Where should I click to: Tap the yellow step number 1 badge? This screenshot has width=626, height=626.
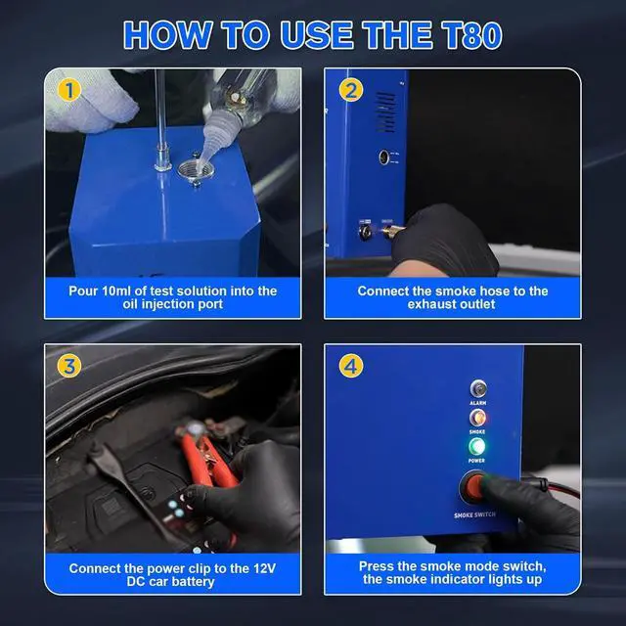click(x=66, y=91)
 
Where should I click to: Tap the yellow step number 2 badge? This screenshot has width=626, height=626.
click(x=351, y=91)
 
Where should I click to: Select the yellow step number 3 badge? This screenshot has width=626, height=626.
click(x=66, y=366)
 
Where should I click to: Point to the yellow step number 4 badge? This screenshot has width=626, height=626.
click(x=351, y=366)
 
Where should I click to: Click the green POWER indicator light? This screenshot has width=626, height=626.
click(x=477, y=447)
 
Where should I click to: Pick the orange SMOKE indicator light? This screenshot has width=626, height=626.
click(x=477, y=418)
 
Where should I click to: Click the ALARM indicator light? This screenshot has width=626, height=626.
click(x=477, y=388)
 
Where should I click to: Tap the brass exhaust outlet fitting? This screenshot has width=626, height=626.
click(x=392, y=234)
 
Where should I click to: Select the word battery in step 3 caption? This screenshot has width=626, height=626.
click(x=209, y=581)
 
